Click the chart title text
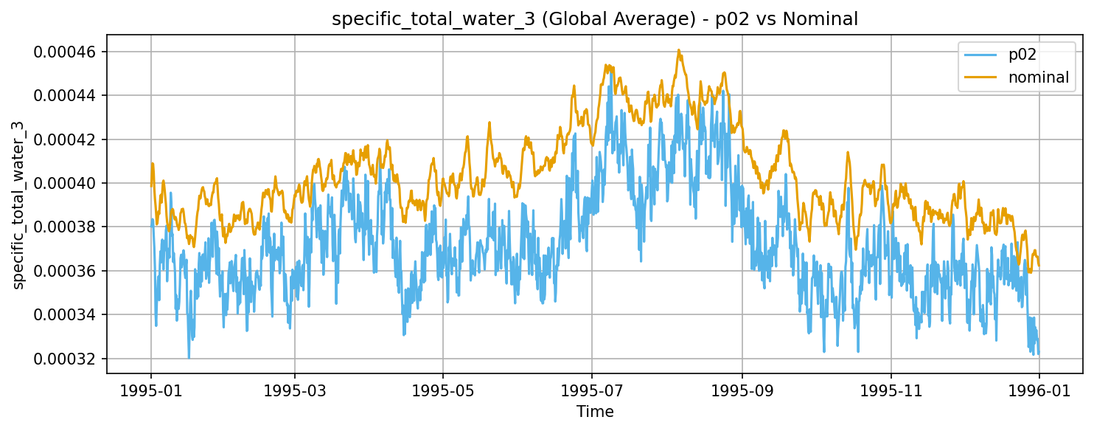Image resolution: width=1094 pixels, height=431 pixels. pos(595,19)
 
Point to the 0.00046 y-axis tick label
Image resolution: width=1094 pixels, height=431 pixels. pos(66,52)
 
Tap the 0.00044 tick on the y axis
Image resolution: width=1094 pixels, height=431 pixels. pos(66,95)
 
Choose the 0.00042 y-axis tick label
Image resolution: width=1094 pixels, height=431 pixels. pos(66,139)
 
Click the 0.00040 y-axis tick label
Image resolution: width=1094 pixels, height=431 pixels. pos(66,183)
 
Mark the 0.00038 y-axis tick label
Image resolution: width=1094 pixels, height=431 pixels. pos(66,227)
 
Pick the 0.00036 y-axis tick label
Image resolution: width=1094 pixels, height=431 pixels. pos(66,271)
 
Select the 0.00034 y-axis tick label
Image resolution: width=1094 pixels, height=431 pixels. pos(66,315)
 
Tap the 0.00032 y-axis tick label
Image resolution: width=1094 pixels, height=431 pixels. pos(66,359)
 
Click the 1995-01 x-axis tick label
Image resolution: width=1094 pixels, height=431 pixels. pos(151,389)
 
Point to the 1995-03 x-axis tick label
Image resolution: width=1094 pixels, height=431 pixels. pos(295,389)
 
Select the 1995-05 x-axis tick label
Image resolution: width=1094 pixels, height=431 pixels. pos(443,389)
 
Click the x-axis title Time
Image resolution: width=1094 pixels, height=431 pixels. pos(595,412)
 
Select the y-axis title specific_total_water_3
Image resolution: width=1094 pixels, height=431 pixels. pos(18,205)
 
